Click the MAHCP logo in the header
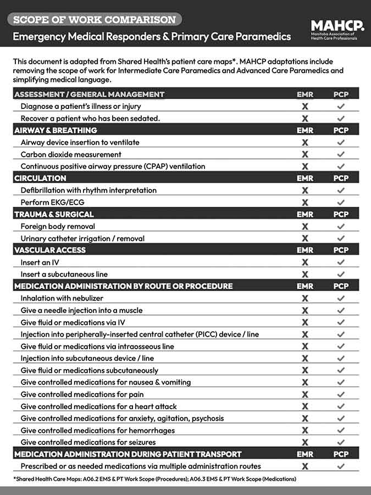click(337, 30)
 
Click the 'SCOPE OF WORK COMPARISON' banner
click(95, 20)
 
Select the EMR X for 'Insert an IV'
click(305, 262)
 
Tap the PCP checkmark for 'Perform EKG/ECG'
click(341, 202)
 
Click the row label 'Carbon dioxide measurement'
click(71, 155)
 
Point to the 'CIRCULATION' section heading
click(40, 178)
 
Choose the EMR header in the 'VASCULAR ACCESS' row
click(305, 250)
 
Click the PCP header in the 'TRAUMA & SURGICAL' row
click(341, 215)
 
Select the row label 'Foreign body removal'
click(58, 226)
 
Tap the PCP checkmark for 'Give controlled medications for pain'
click(341, 394)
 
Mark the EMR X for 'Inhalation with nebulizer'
click(305, 298)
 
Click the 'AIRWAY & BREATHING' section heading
click(56, 130)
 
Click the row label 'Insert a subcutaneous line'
click(64, 274)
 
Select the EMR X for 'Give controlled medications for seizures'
click(305, 442)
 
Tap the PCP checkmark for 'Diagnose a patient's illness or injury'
click(341, 106)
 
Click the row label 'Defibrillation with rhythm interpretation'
click(88, 190)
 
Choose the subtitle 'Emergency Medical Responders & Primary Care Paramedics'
click(152, 37)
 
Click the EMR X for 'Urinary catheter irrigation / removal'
click(305, 238)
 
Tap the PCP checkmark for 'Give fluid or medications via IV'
click(341, 322)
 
